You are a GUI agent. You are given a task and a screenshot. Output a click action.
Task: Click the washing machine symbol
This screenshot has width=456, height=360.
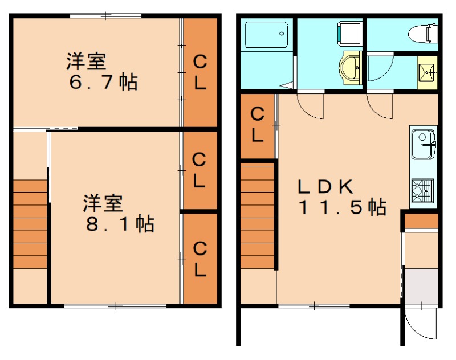pos(349,33)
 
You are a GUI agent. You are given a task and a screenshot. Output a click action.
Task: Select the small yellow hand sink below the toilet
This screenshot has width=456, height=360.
pos(427,72)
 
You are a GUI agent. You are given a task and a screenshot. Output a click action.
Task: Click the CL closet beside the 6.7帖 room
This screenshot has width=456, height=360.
pos(199,72)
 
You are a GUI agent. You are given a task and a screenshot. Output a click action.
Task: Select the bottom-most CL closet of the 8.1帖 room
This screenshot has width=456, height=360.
pos(199,259)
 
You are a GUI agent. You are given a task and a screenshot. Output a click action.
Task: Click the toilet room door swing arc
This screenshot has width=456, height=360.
pos(379,68)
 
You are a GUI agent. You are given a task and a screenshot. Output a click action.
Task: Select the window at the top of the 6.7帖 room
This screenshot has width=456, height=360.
pos(105,16)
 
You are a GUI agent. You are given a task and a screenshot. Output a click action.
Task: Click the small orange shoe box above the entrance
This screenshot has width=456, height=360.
pos(421,221)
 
